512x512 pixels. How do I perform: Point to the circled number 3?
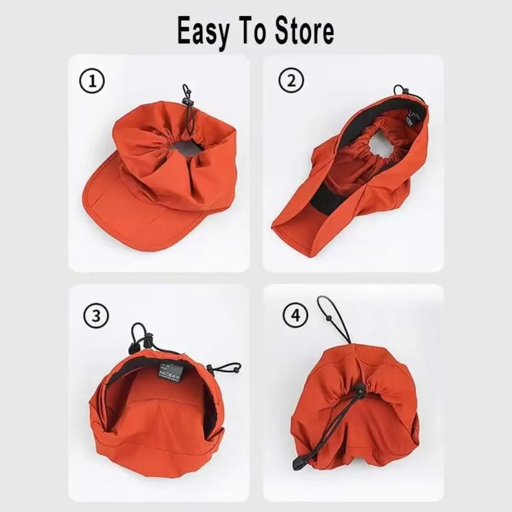pos(95,316)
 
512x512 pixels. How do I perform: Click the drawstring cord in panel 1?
pos(188,110)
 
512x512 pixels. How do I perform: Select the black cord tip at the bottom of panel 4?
pos(297,464)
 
